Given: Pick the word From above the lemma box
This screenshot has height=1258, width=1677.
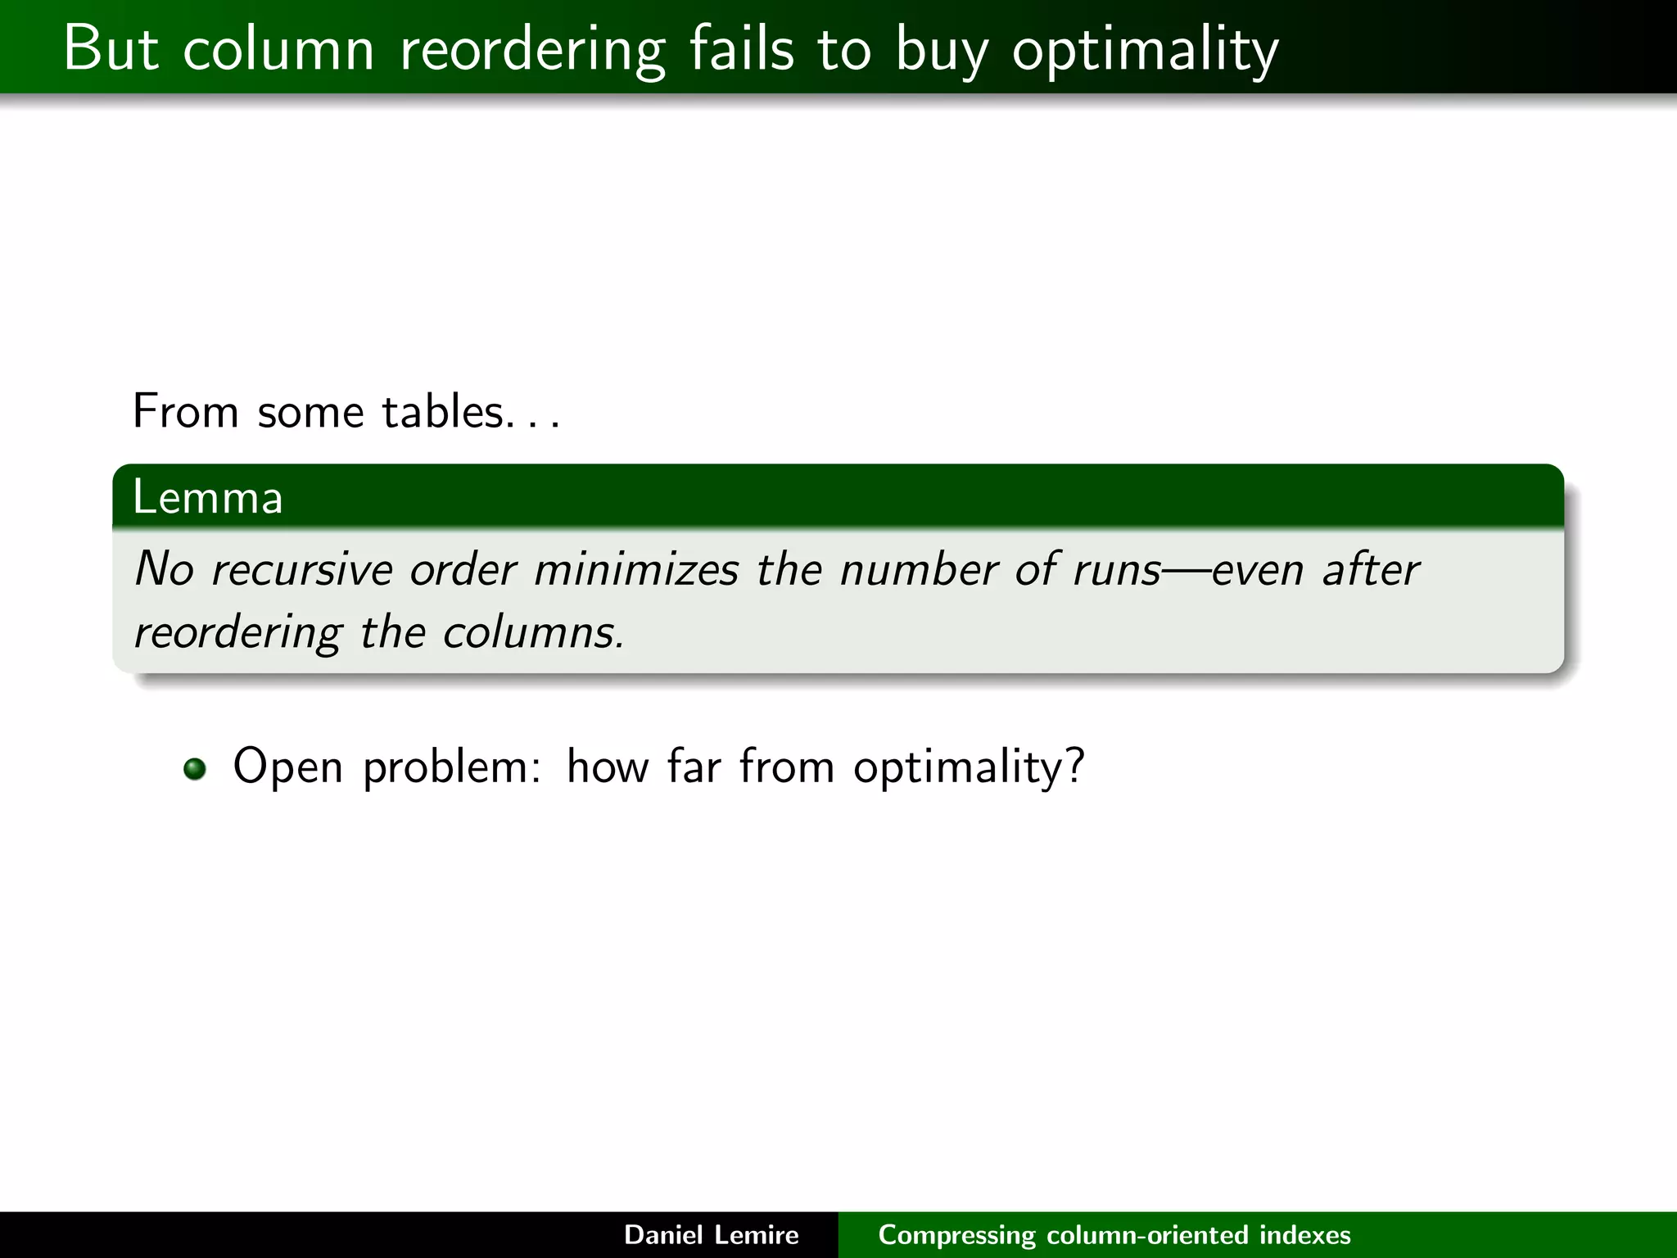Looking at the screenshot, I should (185, 411).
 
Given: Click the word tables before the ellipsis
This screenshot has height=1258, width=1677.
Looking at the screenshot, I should (442, 411).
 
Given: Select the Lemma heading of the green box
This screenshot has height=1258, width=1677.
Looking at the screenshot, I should (208, 497).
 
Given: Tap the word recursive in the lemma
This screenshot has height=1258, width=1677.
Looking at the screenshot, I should (301, 569).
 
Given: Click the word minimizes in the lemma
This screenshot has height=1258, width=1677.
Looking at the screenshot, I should (636, 569).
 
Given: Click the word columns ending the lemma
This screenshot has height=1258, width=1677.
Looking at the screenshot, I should (532, 633).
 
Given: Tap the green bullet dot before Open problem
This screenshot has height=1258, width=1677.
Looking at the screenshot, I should (195, 769).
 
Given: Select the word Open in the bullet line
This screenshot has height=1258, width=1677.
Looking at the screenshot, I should (287, 768).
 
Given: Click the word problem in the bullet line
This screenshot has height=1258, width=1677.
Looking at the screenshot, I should (450, 768).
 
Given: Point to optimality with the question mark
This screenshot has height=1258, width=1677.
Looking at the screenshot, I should (968, 768).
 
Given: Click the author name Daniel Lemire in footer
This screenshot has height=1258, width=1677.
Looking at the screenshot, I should (711, 1235).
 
